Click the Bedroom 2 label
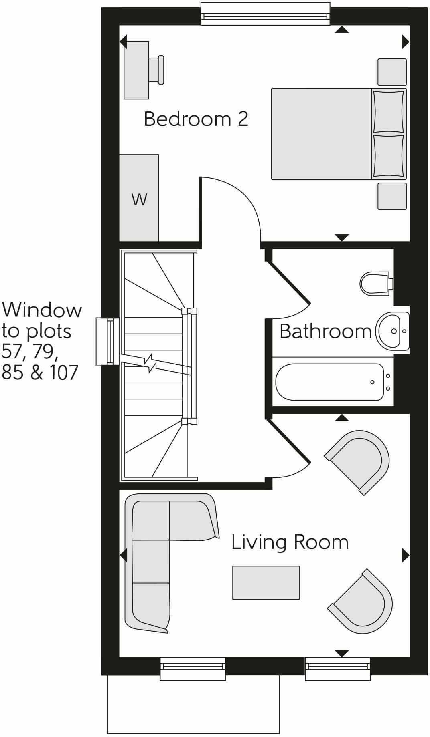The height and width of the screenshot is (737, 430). [196, 119]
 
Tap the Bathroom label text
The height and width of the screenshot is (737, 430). [325, 331]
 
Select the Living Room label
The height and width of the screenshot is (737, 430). [290, 542]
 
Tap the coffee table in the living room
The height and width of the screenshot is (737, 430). [266, 582]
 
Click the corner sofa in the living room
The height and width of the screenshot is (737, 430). [150, 561]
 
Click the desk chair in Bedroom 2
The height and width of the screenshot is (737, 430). [156, 70]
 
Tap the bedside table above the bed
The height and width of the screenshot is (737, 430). [392, 72]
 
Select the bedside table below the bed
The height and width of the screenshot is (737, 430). [392, 196]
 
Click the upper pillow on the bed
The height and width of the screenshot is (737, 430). [388, 111]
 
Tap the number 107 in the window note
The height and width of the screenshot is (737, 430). [63, 373]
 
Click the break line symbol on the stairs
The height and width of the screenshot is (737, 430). [152, 362]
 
